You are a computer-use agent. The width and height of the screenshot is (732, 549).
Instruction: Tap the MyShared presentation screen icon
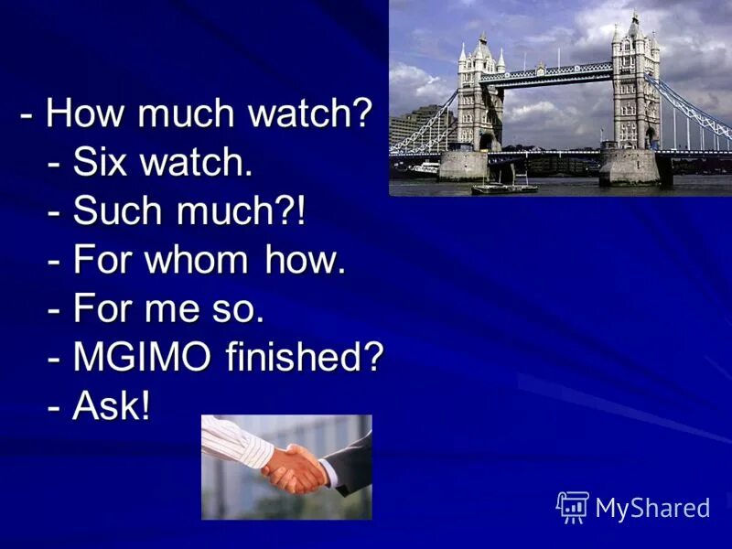point(573,507)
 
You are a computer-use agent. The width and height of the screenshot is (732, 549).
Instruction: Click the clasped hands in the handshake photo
point(295,468)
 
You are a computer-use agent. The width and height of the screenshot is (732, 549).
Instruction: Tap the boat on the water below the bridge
point(504,187)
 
